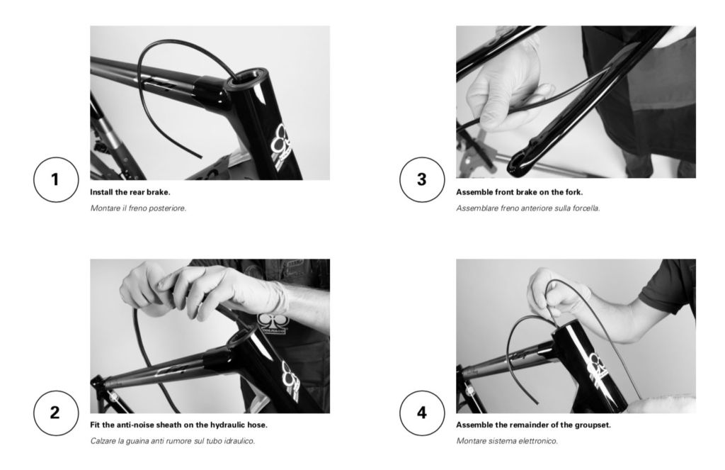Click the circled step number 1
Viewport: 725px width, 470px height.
point(55,179)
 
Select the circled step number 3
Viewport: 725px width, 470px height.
point(422,179)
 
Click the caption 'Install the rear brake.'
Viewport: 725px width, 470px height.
point(130,192)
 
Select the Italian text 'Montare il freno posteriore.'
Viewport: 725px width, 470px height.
point(138,208)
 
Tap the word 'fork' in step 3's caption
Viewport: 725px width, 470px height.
point(572,192)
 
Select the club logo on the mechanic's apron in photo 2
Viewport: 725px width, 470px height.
point(271,323)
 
